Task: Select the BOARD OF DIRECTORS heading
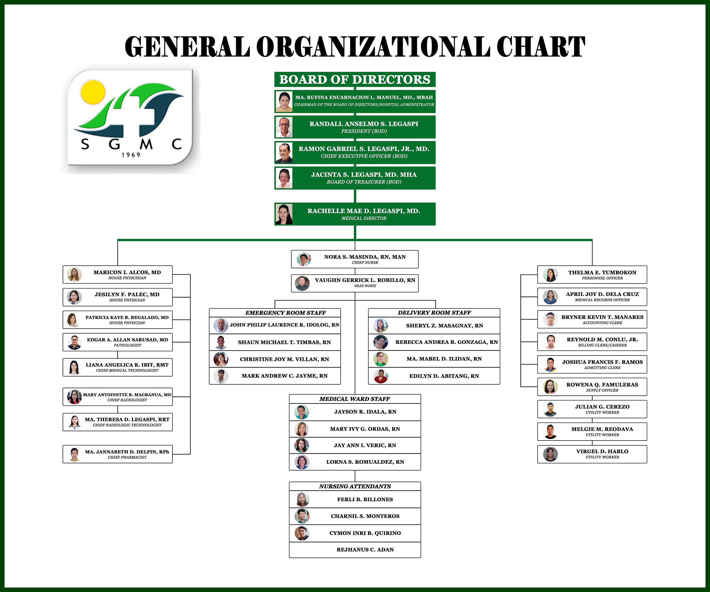[355, 80]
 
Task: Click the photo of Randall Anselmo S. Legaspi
[284, 127]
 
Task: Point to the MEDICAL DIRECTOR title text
[364, 219]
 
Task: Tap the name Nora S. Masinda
[364, 257]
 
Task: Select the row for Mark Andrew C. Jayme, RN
[284, 376]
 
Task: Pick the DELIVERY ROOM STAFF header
[434, 313]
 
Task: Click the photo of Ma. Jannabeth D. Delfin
[74, 454]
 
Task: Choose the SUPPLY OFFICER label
[602, 390]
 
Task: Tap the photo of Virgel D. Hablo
[550, 454]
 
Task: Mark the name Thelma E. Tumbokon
[602, 273]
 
